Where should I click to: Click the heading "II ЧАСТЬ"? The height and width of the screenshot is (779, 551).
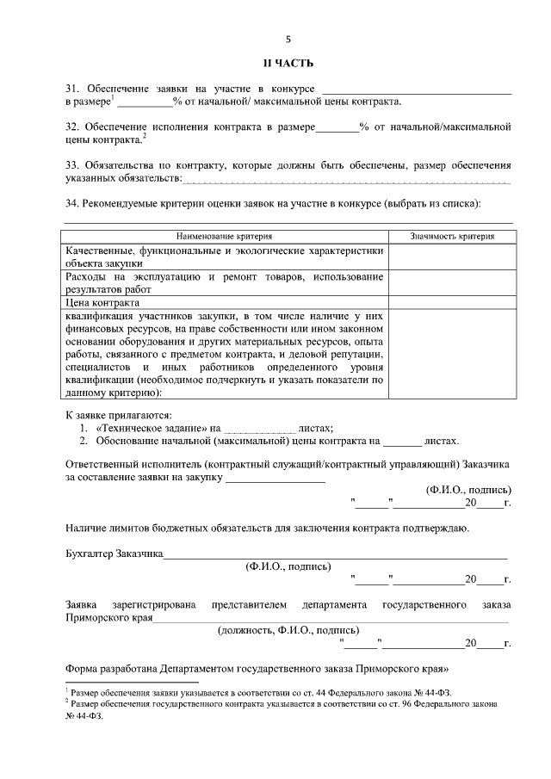click(x=288, y=64)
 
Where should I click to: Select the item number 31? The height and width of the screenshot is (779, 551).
click(x=72, y=89)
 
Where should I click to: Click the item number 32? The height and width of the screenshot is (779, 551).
click(x=72, y=127)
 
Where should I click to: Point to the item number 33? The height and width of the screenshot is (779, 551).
click(x=72, y=164)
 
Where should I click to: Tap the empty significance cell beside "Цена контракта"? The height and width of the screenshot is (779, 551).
click(x=452, y=303)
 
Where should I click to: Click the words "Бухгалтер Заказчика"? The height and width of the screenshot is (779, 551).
click(x=115, y=554)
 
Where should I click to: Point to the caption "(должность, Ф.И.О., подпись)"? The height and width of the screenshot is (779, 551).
click(x=288, y=629)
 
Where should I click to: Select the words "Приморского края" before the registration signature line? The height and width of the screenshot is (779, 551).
click(x=109, y=616)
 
